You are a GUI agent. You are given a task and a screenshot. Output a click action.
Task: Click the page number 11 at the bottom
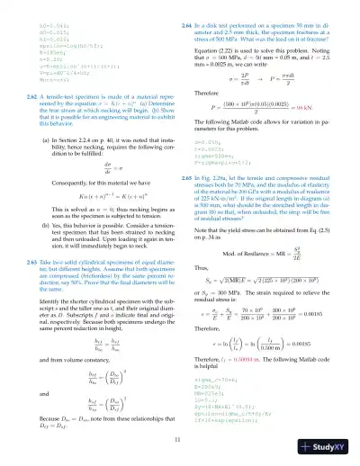pos(179,440)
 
